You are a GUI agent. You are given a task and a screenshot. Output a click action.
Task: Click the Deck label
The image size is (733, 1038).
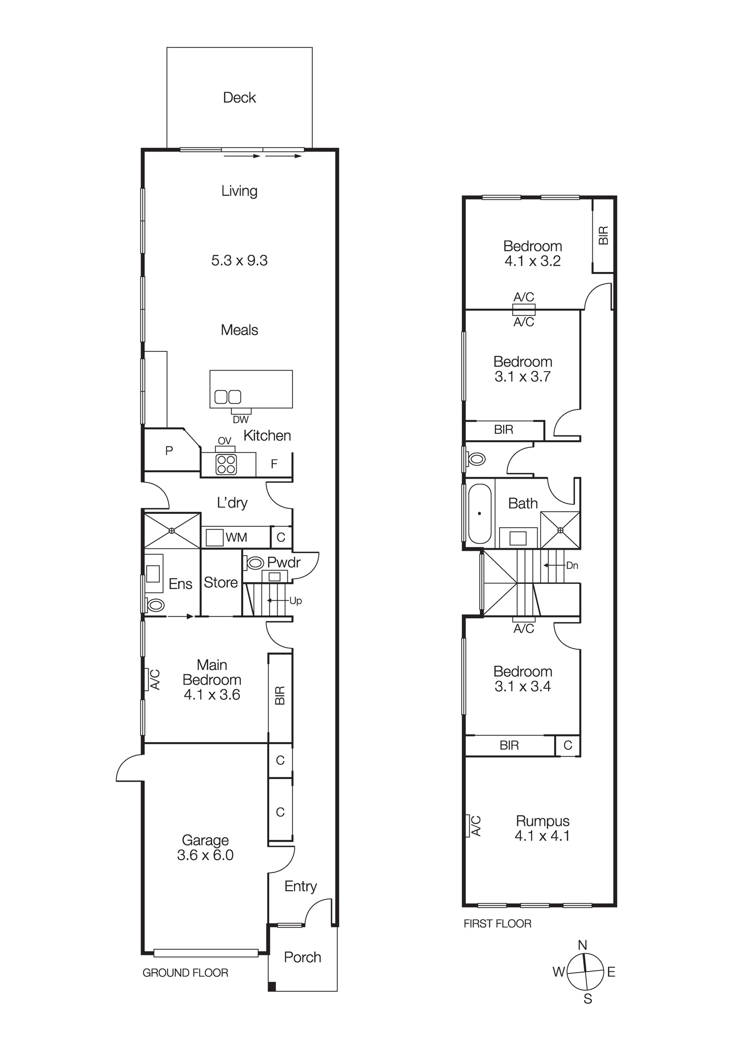239,98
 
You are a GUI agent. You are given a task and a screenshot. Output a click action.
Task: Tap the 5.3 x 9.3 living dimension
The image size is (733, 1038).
239,260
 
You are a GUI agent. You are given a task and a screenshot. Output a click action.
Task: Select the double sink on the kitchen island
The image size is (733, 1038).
228,397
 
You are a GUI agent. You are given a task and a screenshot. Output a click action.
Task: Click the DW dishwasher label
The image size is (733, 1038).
241,419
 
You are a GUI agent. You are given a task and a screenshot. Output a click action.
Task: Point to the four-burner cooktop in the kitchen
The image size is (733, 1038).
226,464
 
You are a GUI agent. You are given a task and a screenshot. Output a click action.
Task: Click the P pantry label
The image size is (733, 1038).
169,451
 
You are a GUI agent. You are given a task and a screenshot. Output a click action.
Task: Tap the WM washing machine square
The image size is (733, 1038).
214,538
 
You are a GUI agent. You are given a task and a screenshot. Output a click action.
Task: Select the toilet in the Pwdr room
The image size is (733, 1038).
255,563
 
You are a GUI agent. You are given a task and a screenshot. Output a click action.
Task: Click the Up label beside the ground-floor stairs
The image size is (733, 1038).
295,600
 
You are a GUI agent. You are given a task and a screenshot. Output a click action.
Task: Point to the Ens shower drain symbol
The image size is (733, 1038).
172,530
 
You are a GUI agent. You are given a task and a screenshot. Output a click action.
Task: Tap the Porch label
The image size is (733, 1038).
302,957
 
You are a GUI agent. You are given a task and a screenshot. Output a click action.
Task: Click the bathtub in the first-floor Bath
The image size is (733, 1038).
479,514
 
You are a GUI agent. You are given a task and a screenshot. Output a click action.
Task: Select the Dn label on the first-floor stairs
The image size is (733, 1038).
572,566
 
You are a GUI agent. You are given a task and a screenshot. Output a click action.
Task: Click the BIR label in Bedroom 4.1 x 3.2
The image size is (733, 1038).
603,236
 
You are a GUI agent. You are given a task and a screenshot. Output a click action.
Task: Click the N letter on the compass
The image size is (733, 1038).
583,945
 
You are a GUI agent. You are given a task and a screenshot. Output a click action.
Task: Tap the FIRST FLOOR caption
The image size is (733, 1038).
497,923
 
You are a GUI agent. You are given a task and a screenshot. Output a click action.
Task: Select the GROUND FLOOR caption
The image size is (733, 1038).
185,973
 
